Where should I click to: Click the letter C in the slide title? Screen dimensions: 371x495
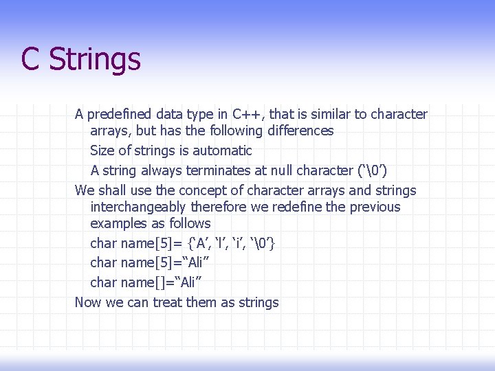point(30,59)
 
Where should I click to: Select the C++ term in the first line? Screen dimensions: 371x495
point(245,114)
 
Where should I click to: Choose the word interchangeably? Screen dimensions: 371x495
point(139,207)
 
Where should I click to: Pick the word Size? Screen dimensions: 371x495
point(103,150)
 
